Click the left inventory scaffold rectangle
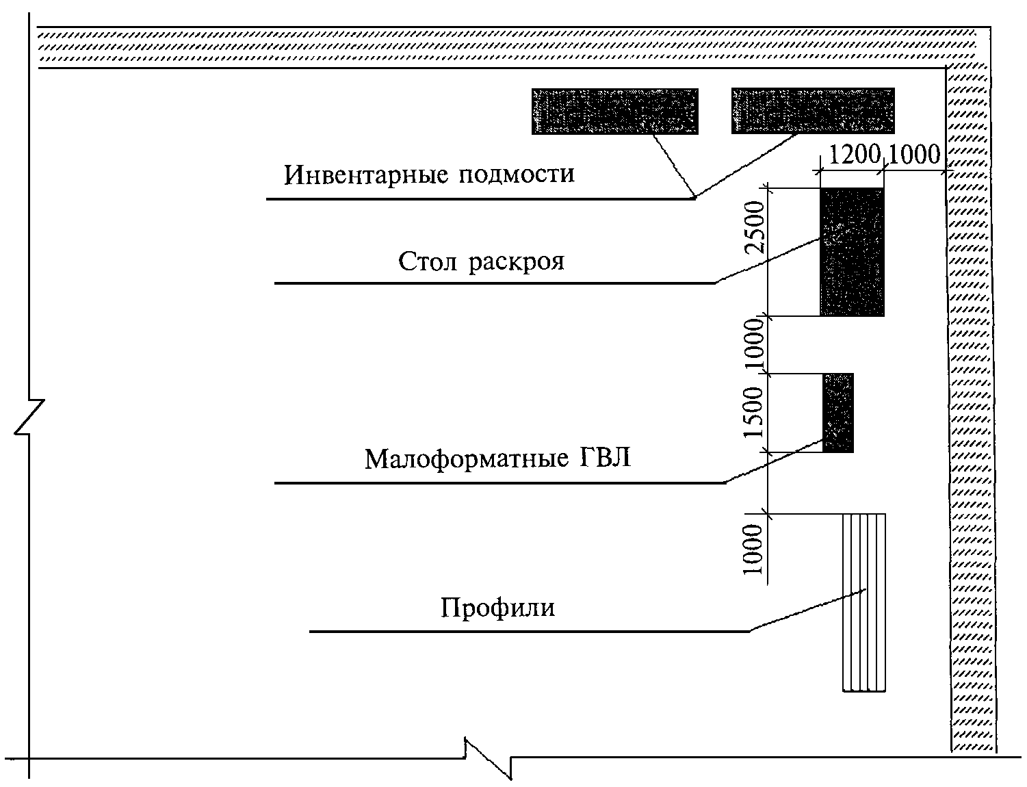pyautogui.click(x=615, y=110)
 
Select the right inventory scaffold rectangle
pyautogui.click(x=813, y=110)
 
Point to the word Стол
pyautogui.click(x=428, y=261)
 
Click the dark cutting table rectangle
pyautogui.click(x=852, y=252)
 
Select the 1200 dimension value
pyautogui.click(x=853, y=155)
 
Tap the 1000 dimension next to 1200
pyautogui.click(x=914, y=155)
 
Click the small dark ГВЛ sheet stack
pyautogui.click(x=838, y=413)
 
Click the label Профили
pyautogui.click(x=497, y=608)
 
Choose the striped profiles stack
pyautogui.click(x=863, y=602)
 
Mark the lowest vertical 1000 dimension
pyautogui.click(x=753, y=549)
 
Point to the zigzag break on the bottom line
pyautogui.click(x=489, y=758)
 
